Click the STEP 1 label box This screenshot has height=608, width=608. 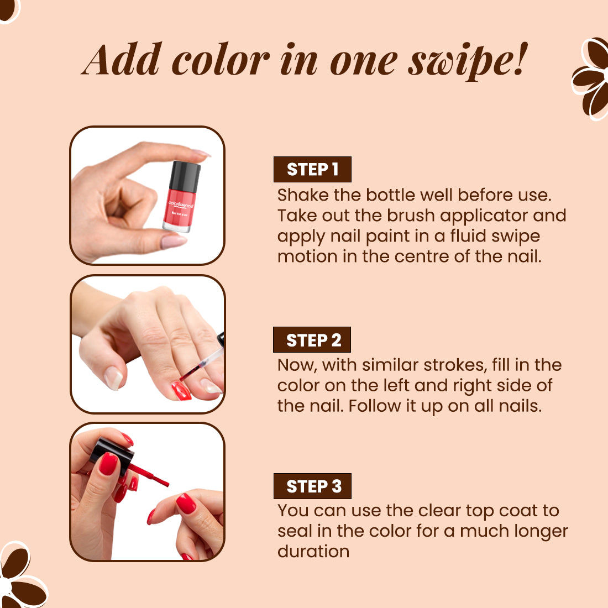tap(312, 169)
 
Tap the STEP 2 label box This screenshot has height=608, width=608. tap(312, 340)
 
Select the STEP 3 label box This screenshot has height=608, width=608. tap(312, 486)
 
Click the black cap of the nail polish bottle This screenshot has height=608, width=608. tap(185, 176)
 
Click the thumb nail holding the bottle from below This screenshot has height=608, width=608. tap(174, 242)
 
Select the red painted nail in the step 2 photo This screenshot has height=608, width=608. tap(181, 390)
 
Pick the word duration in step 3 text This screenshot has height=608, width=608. tap(313, 552)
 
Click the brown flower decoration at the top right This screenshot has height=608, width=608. tap(590, 78)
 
